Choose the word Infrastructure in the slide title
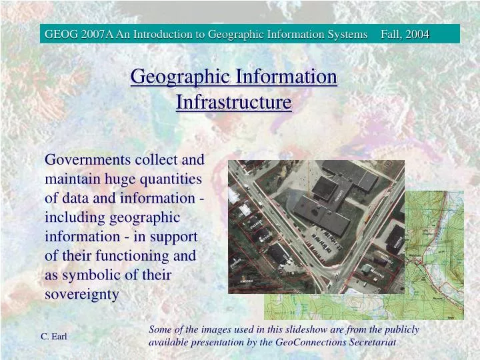[234, 103]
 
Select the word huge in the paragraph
[120, 179]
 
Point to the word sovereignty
[81, 294]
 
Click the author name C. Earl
[54, 337]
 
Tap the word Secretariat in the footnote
[373, 342]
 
